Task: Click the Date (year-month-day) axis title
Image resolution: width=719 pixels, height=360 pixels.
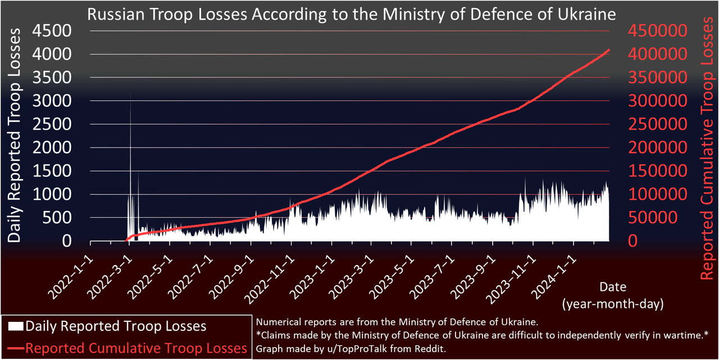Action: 612,295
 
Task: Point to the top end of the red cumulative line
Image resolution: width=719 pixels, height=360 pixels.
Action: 609,50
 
